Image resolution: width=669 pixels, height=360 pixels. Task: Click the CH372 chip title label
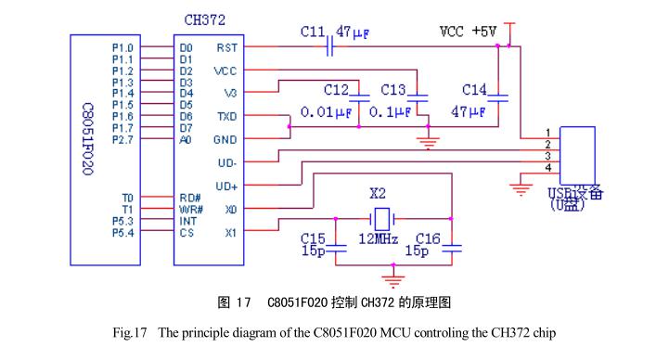pyautogui.click(x=205, y=19)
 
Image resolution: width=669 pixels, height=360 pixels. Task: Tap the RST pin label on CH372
pyautogui.click(x=225, y=47)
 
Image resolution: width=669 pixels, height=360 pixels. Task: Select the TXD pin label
pyautogui.click(x=225, y=117)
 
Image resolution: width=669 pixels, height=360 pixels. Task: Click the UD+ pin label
pyautogui.click(x=226, y=186)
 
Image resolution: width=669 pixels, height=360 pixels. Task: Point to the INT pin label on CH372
pyautogui.click(x=189, y=221)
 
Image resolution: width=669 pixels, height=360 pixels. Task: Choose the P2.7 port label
pyautogui.click(x=122, y=140)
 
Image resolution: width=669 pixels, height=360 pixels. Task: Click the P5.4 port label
pyautogui.click(x=122, y=233)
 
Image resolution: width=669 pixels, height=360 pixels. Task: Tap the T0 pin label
pyautogui.click(x=127, y=198)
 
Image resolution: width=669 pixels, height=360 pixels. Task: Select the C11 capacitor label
pyautogui.click(x=312, y=32)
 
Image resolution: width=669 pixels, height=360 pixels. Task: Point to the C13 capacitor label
pyautogui.click(x=393, y=90)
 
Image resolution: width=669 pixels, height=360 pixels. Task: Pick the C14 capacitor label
pyautogui.click(x=474, y=90)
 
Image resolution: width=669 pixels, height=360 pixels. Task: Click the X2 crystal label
pyautogui.click(x=379, y=195)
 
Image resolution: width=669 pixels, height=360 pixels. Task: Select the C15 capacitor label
pyautogui.click(x=312, y=238)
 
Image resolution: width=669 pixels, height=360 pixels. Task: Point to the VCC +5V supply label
pyautogui.click(x=468, y=31)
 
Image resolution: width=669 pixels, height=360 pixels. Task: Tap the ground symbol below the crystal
pyautogui.click(x=395, y=276)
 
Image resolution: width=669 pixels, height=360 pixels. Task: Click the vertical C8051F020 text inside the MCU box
pyautogui.click(x=88, y=139)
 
